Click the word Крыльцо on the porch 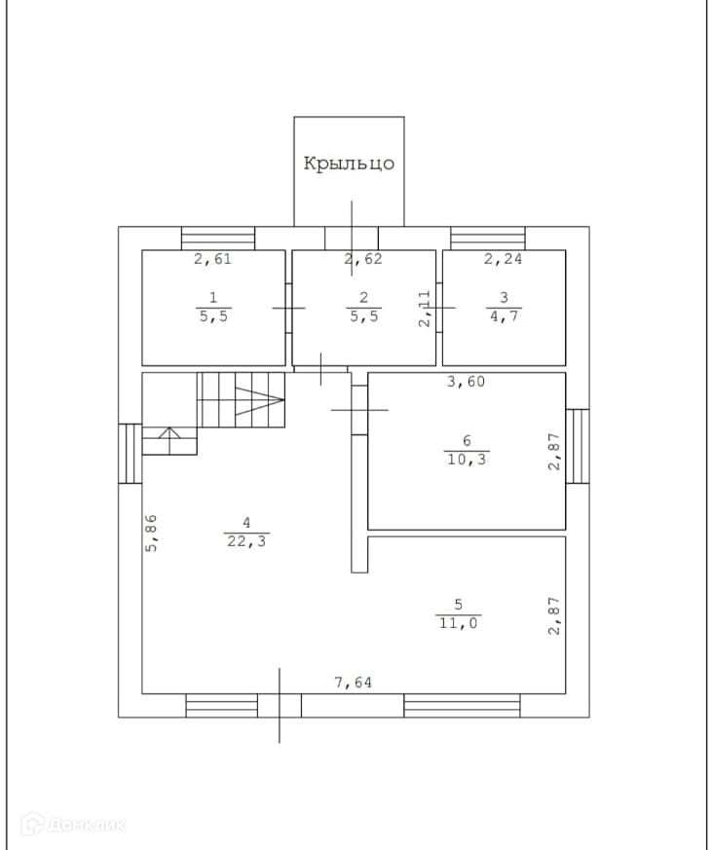coord(349,164)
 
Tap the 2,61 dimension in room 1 coord(212,259)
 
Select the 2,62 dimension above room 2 coord(363,259)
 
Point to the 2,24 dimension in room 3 coord(504,259)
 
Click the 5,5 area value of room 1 coord(213,316)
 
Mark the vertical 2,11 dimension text coord(425,309)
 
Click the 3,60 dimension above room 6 coord(466,382)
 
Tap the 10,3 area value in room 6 coord(466,459)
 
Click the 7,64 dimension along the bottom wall coord(355,683)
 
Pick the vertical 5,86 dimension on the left coord(152,533)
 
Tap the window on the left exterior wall coord(131,453)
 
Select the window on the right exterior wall coord(578,445)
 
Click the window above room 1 coord(218,238)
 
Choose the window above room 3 coord(487,238)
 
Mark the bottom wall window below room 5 coord(462,705)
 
